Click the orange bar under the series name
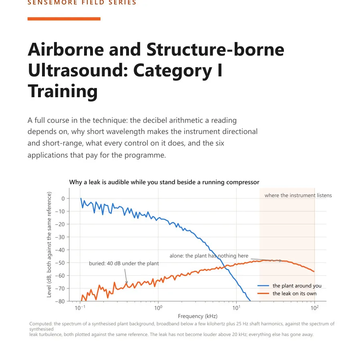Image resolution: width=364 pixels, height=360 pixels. (64, 19)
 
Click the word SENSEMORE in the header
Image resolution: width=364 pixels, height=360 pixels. (52, 2)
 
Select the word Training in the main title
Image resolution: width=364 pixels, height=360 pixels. (63, 91)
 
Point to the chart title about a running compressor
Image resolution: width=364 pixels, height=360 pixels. (164, 182)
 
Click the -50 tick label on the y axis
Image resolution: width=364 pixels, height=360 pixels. (60, 263)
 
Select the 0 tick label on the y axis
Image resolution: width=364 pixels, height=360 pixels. (63, 198)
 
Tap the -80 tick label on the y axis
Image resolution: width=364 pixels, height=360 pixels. (60, 301)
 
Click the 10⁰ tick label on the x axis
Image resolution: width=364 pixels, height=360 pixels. (158, 308)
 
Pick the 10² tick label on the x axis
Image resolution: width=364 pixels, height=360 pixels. (315, 308)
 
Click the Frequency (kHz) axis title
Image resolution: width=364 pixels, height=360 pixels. (197, 316)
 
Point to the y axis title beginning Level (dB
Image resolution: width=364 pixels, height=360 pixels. (49, 244)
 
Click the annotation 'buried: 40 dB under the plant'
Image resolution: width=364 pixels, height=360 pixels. (124, 264)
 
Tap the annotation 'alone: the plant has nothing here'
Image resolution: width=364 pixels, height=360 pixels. (209, 256)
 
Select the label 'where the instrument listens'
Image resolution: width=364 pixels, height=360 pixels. (298, 195)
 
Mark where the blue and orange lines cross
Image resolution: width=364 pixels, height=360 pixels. (225, 268)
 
